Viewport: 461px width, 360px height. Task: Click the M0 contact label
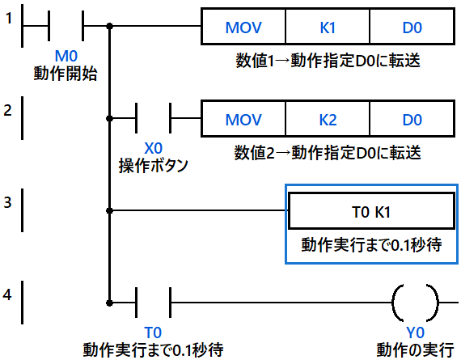(x=66, y=56)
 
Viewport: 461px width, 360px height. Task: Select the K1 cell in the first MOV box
(x=328, y=27)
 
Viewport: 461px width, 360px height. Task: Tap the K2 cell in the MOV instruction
(x=328, y=119)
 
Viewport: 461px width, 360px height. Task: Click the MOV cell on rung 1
(x=243, y=27)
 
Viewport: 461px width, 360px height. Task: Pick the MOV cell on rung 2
(x=243, y=119)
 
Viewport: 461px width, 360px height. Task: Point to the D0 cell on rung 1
(x=412, y=27)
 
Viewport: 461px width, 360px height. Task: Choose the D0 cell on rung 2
(x=412, y=119)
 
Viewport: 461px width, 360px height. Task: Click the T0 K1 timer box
(x=371, y=211)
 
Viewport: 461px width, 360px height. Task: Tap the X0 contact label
(x=153, y=148)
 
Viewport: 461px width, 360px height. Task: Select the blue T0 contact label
(x=153, y=332)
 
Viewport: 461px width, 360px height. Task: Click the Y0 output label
(x=415, y=332)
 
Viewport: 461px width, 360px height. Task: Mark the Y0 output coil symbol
(x=415, y=303)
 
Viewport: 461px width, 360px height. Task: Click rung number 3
(x=7, y=202)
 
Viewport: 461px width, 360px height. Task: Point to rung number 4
(x=7, y=294)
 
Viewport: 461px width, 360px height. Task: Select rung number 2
(x=7, y=110)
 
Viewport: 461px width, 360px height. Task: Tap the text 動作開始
(x=66, y=74)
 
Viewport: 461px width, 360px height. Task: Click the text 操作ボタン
(x=153, y=166)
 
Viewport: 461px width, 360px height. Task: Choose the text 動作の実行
(x=415, y=349)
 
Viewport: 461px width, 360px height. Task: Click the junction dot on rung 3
(x=109, y=210)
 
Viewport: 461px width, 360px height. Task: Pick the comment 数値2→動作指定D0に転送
(x=328, y=153)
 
